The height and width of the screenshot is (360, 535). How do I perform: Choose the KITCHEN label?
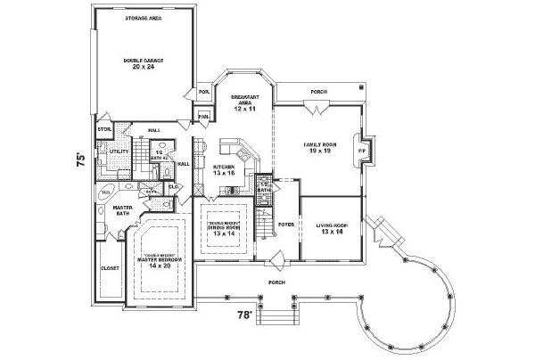224,167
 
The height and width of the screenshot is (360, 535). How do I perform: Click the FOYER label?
286,225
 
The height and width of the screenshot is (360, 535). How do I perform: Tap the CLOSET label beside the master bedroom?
110,266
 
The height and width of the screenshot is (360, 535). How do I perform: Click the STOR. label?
103,129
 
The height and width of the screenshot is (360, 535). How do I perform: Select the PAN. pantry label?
203,115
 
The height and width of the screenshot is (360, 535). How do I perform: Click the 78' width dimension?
243,315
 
